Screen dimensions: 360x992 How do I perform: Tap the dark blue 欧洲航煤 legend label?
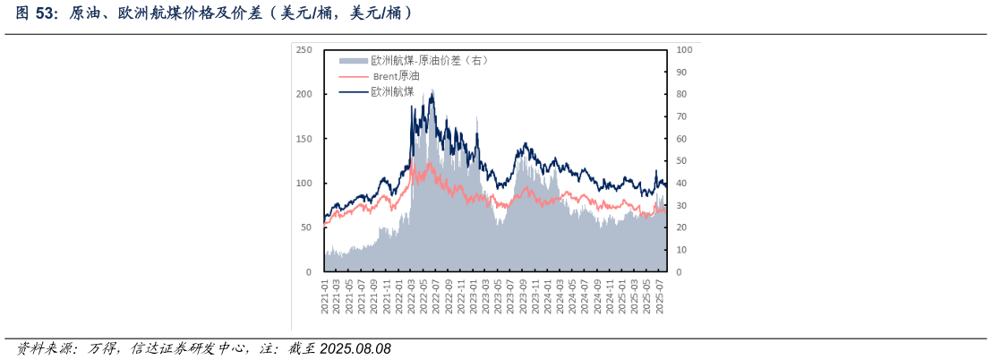click(392, 91)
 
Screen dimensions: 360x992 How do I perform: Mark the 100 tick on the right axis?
click(683, 50)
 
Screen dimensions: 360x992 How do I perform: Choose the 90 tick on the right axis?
click(681, 73)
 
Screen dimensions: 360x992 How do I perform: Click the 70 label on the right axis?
click(681, 116)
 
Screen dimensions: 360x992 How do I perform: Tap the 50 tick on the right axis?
click(681, 161)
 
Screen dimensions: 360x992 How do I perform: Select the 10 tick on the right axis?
click(681, 250)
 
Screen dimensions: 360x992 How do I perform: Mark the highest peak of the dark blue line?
click(432, 90)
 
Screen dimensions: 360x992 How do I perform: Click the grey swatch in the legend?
click(353, 61)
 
